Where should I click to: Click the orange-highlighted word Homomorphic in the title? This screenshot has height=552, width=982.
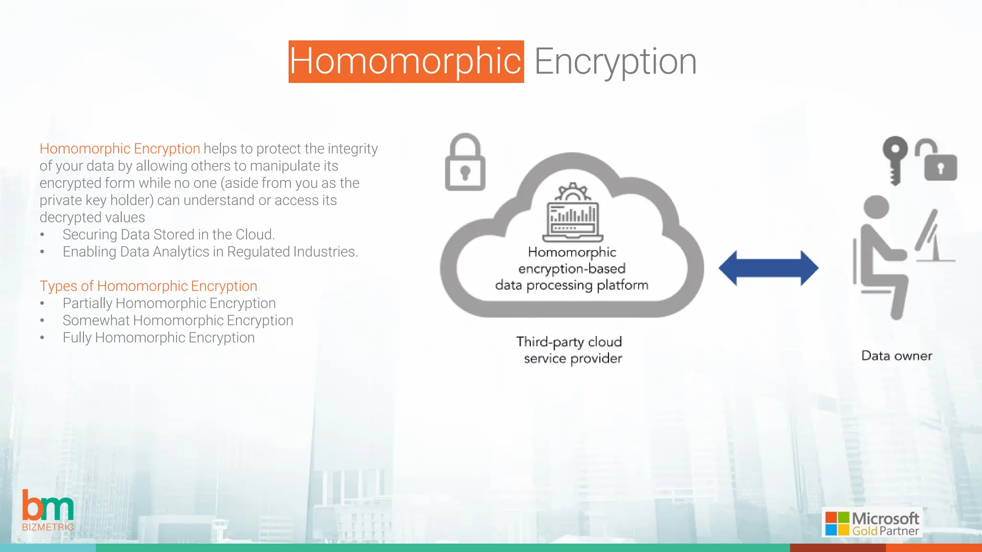406,61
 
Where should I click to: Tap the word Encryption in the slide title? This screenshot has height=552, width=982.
615,61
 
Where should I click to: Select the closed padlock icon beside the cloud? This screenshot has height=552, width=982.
465,163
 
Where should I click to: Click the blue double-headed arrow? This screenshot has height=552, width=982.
768,268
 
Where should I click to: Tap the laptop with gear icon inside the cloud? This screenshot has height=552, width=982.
573,213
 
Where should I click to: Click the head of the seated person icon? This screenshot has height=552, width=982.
876,207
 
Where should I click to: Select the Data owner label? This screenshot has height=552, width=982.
897,356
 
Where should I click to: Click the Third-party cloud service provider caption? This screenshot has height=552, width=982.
570,350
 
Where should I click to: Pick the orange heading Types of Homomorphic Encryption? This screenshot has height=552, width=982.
148,286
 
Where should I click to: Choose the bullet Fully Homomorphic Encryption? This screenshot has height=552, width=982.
158,338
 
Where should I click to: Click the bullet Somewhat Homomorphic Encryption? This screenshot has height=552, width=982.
177,321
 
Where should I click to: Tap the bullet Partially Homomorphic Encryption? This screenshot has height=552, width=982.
169,303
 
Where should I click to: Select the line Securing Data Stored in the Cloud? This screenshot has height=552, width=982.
168,234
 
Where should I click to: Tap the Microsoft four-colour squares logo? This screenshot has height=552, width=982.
837,523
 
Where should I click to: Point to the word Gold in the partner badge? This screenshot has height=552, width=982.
864,531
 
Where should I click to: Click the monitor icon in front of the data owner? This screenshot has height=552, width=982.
933,237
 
